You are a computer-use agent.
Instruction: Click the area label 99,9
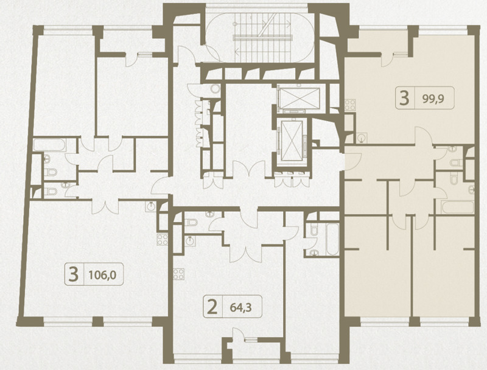[x=433, y=99]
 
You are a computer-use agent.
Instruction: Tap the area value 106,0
[x=102, y=274]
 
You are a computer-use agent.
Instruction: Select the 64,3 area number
[x=240, y=307]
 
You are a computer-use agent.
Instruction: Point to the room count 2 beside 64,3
[x=212, y=307]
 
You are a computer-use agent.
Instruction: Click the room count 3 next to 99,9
[x=404, y=98]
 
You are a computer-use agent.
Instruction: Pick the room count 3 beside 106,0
[x=73, y=274]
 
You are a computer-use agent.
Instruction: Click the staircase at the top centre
[x=263, y=38]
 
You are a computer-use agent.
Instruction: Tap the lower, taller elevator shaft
[x=292, y=141]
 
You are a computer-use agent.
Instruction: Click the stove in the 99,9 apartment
[x=350, y=104]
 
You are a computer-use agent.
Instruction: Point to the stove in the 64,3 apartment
[x=178, y=274]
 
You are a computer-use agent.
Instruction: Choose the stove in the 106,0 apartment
[x=163, y=239]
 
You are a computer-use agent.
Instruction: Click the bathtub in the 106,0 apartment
[x=49, y=145]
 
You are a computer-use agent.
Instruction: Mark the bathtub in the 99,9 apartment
[x=457, y=207]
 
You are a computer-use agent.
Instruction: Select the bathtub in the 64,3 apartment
[x=332, y=239]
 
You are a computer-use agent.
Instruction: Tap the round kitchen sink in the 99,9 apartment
[x=361, y=138]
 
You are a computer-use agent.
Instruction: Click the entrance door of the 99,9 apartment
[x=352, y=161]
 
